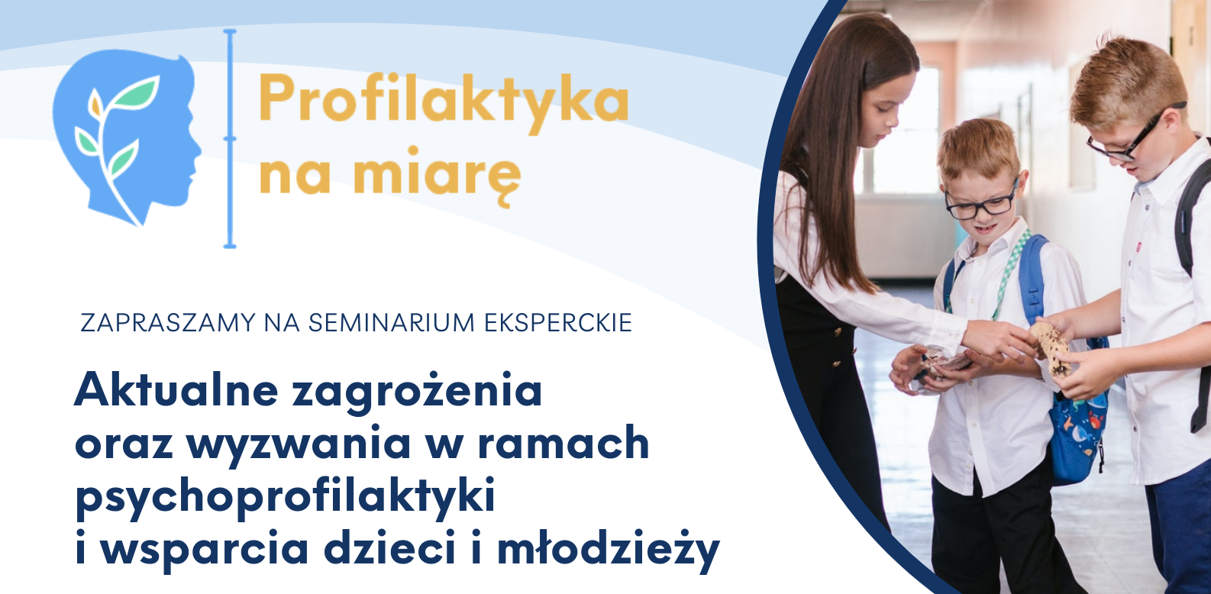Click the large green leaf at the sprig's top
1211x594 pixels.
pyautogui.click(x=137, y=91)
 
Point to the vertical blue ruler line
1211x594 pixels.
pyautogui.click(x=230, y=138)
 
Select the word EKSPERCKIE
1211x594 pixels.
pyautogui.click(x=558, y=323)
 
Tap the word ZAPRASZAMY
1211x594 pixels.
pyautogui.click(x=167, y=323)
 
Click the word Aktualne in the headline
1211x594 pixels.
pyautogui.click(x=177, y=389)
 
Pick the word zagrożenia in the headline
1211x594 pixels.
pyautogui.click(x=417, y=393)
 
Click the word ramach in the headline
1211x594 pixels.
pyautogui.click(x=564, y=441)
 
